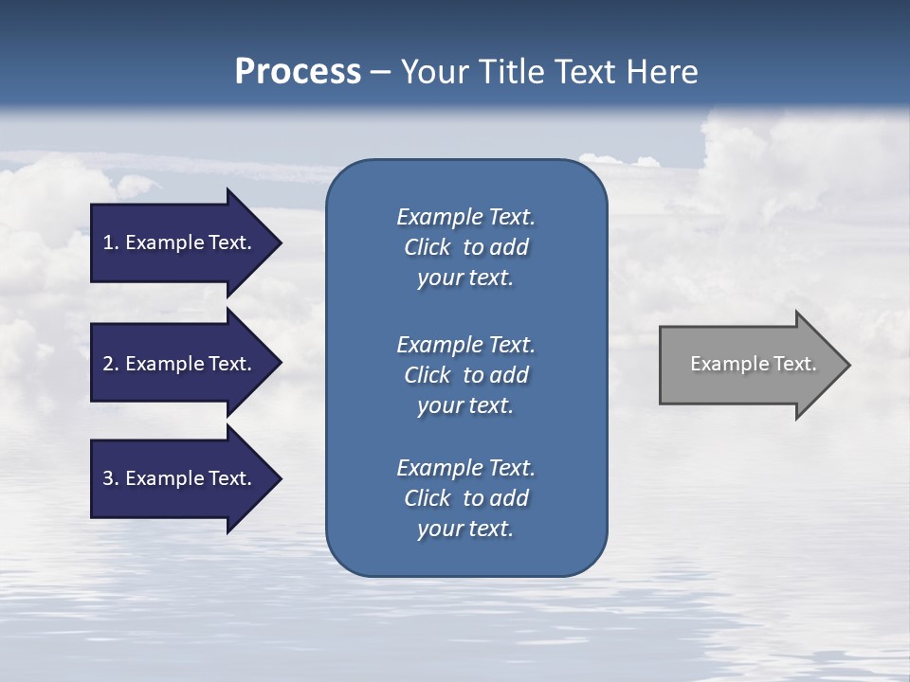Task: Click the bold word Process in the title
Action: [x=298, y=72]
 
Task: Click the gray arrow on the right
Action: [x=749, y=364]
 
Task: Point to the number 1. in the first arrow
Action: [x=111, y=242]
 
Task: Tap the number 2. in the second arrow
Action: [x=111, y=364]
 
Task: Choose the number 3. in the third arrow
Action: [x=111, y=478]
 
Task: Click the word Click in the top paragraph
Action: [x=428, y=247]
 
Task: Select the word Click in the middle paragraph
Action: [x=428, y=375]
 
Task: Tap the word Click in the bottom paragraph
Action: [x=428, y=498]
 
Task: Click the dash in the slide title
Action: [x=380, y=72]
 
